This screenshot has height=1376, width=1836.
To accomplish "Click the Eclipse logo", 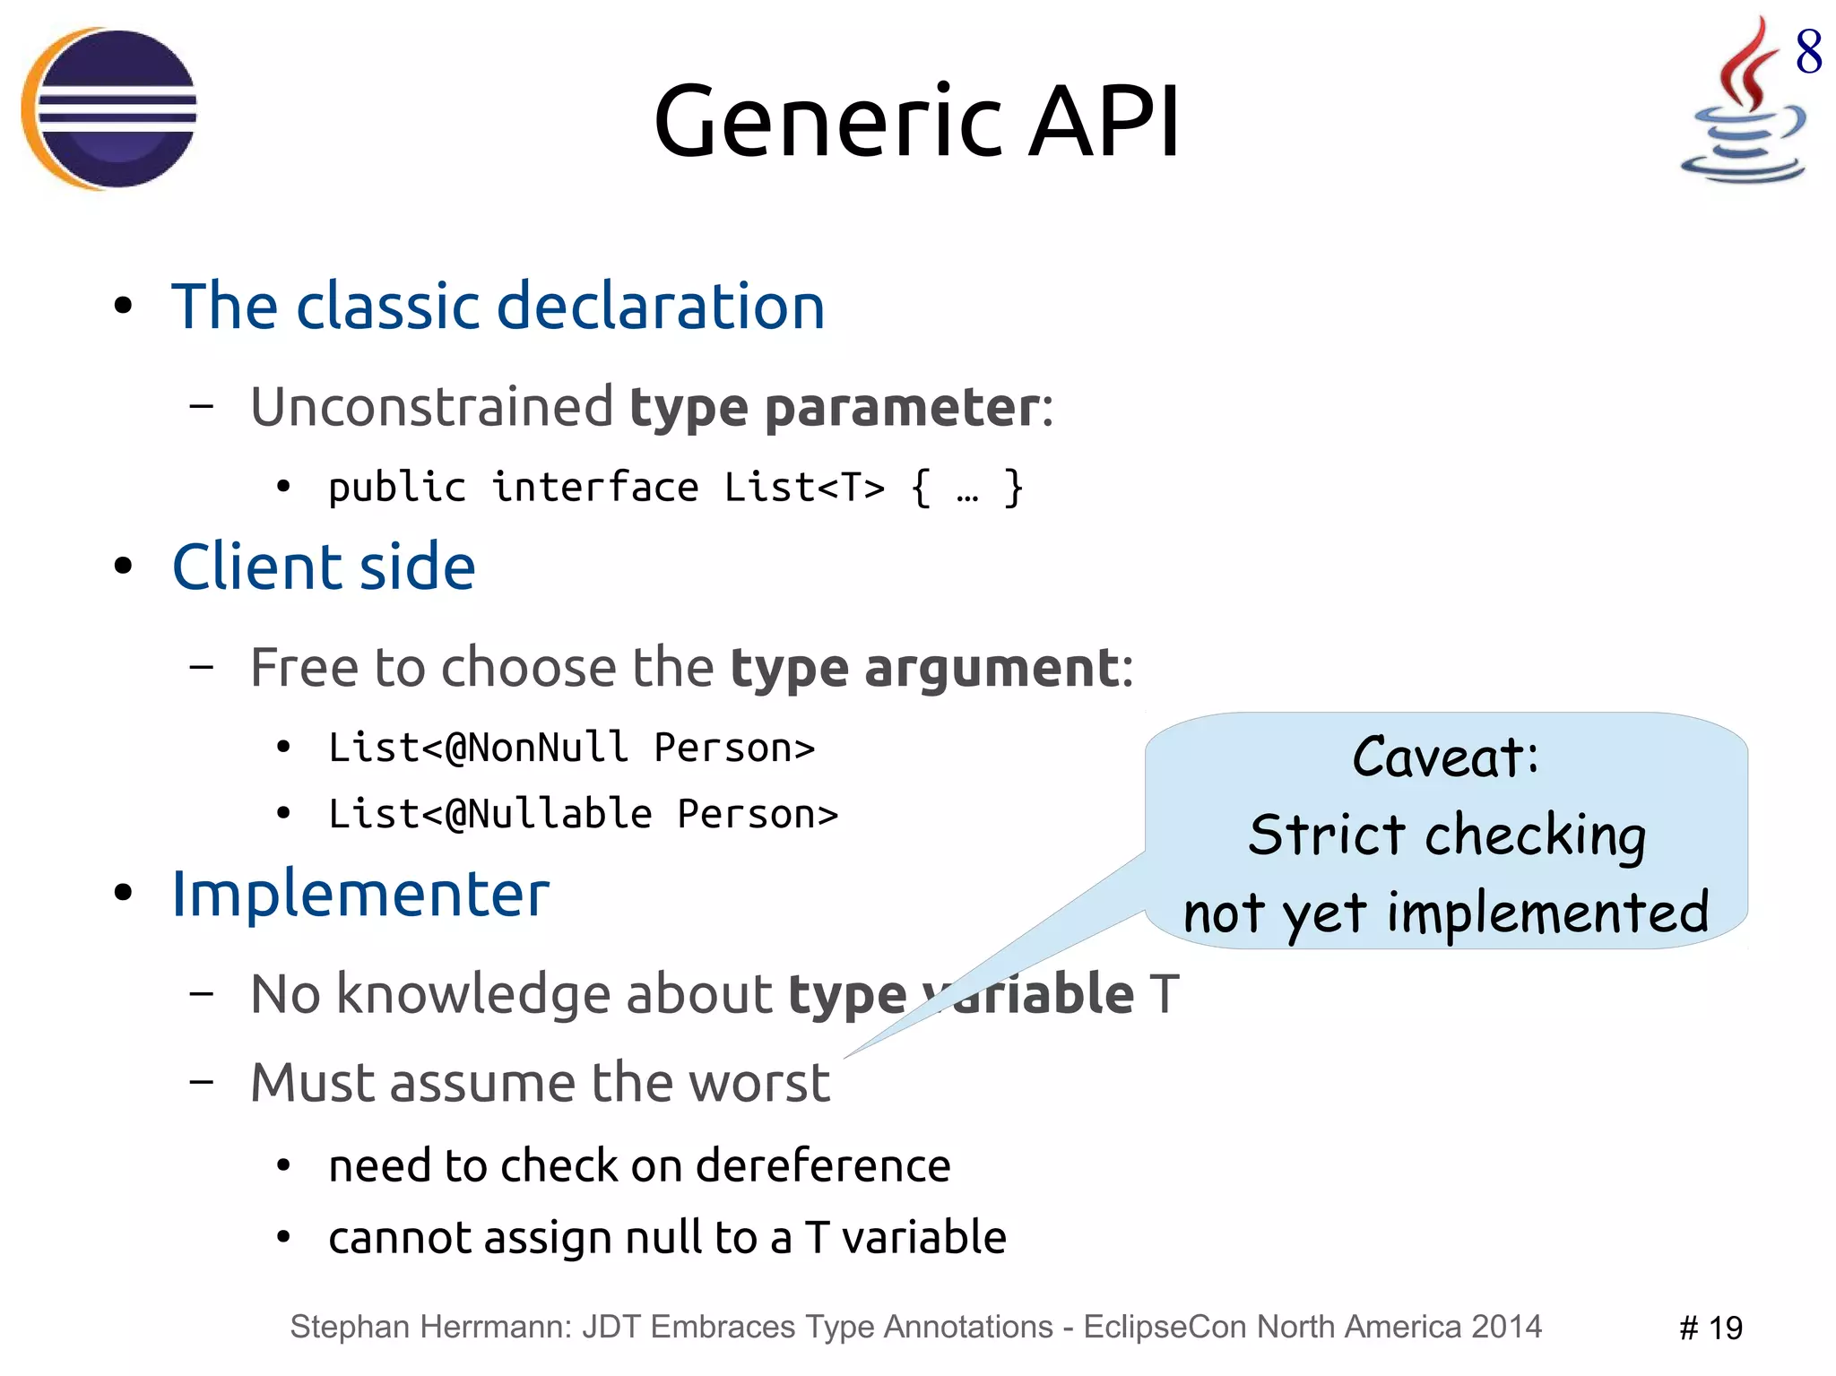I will click(x=109, y=108).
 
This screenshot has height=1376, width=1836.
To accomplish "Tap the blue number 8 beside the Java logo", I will click(x=1808, y=52).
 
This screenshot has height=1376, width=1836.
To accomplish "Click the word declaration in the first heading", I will click(x=660, y=307).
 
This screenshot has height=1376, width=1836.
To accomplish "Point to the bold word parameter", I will click(x=902, y=408).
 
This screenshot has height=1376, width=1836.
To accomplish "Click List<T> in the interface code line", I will click(x=804, y=488).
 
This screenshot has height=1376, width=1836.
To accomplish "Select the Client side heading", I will click(x=324, y=567).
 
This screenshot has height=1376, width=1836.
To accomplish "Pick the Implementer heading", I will click(x=360, y=894).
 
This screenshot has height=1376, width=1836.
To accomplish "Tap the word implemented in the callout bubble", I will click(x=1547, y=913).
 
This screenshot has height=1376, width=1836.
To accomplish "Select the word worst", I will click(x=758, y=1083).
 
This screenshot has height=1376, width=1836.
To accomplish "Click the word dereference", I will click(x=822, y=1166).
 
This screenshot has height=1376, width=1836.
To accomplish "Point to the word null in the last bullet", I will click(x=663, y=1238).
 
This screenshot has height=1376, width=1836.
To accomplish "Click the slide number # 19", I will click(x=1710, y=1328).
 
